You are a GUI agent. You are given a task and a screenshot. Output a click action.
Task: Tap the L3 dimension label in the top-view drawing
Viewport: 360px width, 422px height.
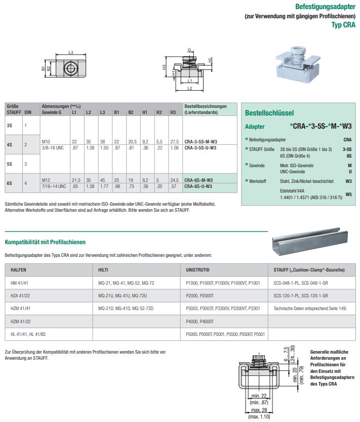71,53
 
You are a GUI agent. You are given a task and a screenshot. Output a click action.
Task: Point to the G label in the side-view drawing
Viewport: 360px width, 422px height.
189,50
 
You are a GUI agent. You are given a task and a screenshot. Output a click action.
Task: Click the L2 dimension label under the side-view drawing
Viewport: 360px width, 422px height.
189,88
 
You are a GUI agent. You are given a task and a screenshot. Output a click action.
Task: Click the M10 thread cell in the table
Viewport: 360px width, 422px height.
46,141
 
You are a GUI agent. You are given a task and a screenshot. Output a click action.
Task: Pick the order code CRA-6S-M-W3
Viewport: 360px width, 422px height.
198,180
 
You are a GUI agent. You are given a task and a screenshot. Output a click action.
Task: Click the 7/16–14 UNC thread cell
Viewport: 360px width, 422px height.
54,186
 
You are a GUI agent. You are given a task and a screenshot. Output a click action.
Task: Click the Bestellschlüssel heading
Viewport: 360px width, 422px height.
269,113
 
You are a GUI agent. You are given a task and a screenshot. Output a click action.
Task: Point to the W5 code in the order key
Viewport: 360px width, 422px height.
348,194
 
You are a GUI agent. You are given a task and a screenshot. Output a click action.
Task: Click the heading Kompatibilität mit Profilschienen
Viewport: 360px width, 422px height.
45,242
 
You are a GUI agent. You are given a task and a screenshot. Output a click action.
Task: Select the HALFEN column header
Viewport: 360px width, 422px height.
19,270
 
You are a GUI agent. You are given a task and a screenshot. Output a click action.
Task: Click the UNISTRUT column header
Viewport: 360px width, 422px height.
198,270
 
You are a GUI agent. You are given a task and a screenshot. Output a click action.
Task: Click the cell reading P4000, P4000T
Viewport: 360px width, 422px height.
201,322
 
